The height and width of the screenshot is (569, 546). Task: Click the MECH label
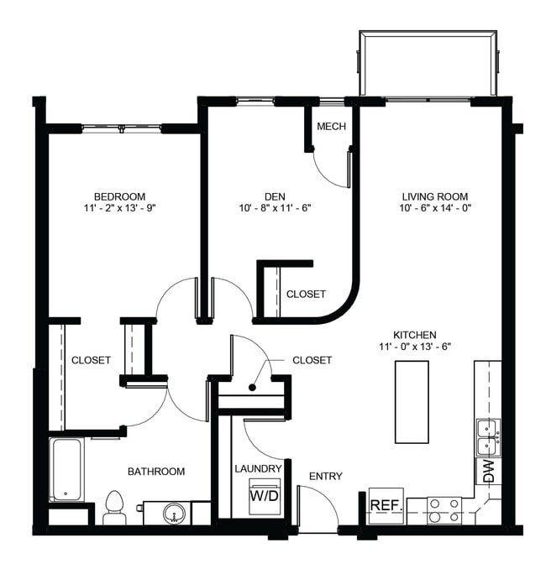point(328,127)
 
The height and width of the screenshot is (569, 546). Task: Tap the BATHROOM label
point(156,472)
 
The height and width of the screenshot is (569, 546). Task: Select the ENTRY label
point(325,477)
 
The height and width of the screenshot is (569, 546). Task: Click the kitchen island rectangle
point(412,402)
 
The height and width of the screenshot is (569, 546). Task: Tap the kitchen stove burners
point(445,509)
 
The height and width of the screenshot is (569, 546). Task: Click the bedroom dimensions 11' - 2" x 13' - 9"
point(120,210)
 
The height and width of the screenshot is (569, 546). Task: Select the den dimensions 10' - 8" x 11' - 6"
point(275,210)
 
